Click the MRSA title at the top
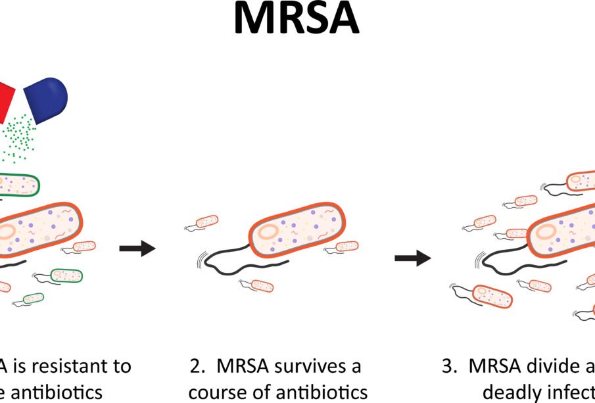click(297, 19)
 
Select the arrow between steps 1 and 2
click(137, 249)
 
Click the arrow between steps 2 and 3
click(412, 258)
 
